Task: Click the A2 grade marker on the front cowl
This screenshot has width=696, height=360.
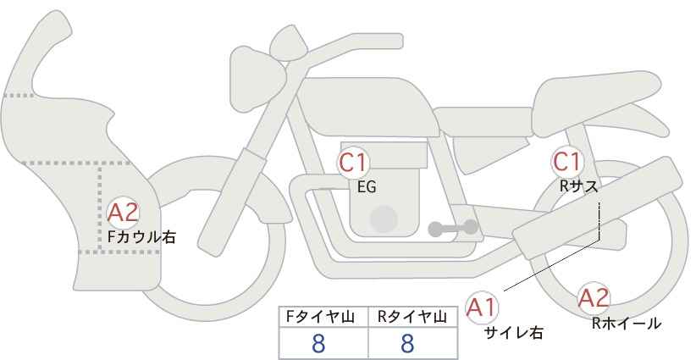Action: (x=123, y=213)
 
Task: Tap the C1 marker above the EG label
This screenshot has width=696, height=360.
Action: (x=353, y=163)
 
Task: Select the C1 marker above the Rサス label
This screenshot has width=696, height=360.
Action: (x=566, y=162)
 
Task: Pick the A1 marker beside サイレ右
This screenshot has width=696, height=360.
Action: (x=482, y=307)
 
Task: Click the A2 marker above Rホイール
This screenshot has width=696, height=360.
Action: (x=594, y=298)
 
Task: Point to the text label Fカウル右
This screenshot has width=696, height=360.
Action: (x=142, y=237)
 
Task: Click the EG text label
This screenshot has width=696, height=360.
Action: (x=367, y=187)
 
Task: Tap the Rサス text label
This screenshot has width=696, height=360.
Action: (x=578, y=186)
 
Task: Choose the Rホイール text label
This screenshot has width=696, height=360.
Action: (x=627, y=324)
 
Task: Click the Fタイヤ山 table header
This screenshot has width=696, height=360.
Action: (x=320, y=317)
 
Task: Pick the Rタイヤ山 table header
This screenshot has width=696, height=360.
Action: (x=412, y=317)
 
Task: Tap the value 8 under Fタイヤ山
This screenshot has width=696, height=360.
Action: (x=318, y=343)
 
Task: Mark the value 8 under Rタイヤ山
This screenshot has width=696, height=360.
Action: (x=407, y=343)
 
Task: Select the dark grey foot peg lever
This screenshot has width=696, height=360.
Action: (x=453, y=228)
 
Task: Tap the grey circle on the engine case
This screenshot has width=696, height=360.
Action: (x=384, y=219)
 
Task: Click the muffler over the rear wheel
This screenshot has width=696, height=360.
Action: (x=598, y=208)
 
